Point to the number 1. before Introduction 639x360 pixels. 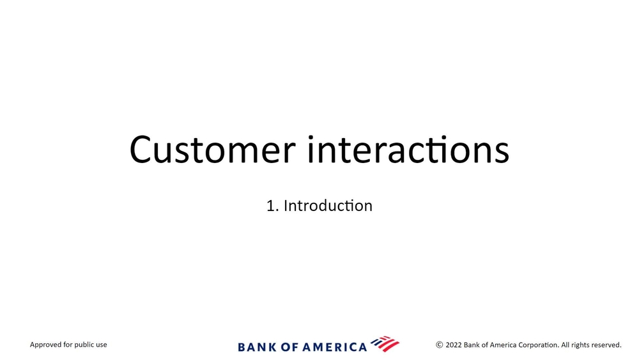coord(273,206)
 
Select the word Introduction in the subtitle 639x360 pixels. coord(328,206)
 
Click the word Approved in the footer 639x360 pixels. coord(45,345)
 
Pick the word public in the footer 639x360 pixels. coord(85,345)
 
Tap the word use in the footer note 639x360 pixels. coord(102,345)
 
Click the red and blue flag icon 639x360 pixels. coord(385,343)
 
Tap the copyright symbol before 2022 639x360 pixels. coord(440,345)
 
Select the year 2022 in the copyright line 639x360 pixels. coord(454,345)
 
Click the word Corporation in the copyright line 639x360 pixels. coord(539,345)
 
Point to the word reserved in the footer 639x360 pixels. coord(606,345)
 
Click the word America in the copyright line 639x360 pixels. coord(503,345)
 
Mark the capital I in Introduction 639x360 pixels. coord(285,206)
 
